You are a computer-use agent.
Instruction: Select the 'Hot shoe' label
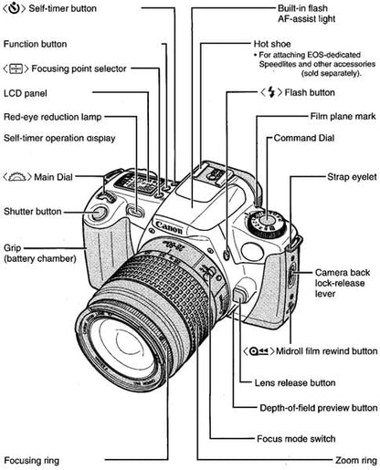tap(274, 44)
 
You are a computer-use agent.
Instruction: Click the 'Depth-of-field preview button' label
tap(306, 407)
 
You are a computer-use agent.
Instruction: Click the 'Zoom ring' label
tap(357, 461)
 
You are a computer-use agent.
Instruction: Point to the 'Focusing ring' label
tap(33, 461)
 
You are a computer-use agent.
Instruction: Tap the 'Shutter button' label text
tap(33, 211)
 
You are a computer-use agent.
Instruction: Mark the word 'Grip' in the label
tap(13, 246)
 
